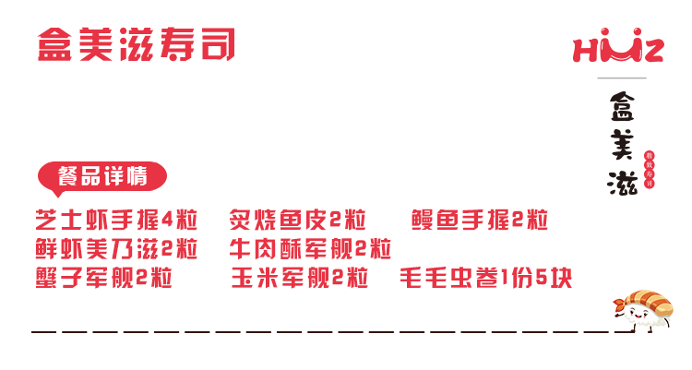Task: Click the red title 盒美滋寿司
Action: tap(136, 43)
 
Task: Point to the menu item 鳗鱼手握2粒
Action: tap(479, 221)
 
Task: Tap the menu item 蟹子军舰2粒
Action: tap(104, 277)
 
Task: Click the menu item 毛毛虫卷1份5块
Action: tap(485, 277)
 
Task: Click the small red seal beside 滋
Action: tap(649, 173)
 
